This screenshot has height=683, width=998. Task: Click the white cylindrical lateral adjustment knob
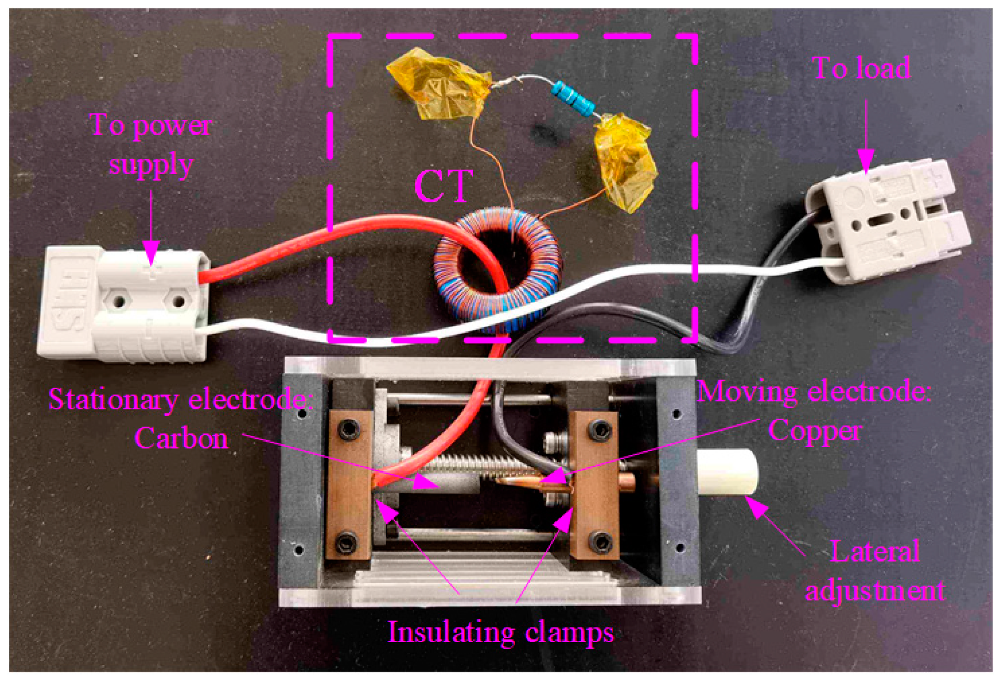click(x=727, y=472)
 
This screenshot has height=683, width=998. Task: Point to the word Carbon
click(x=181, y=438)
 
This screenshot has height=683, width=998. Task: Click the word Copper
click(x=815, y=431)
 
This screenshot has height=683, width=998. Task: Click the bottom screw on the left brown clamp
click(x=347, y=542)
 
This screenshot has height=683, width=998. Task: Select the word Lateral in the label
click(x=875, y=552)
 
